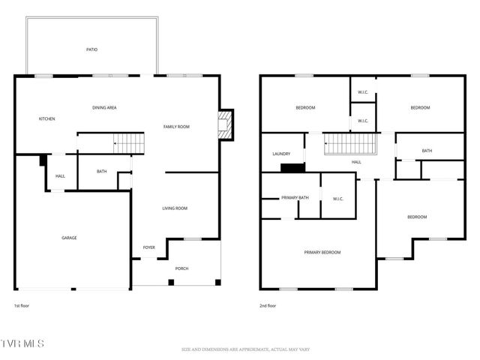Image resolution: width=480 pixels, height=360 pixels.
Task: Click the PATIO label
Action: pos(91,50)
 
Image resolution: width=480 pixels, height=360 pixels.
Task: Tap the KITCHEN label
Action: pos(47,119)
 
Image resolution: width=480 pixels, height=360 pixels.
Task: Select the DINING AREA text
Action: pos(104,108)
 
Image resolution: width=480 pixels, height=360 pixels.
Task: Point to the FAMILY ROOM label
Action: pos(176,127)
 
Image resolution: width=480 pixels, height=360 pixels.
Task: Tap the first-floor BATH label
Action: pos(101,172)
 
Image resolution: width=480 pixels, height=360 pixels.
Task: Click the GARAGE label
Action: pos(69,238)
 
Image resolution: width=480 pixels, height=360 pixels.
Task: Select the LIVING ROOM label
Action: pos(175,208)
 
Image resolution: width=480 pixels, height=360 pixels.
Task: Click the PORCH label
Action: pos(182,268)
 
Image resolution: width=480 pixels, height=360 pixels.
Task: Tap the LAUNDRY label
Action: pos(281,154)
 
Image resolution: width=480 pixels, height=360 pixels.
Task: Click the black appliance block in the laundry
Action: pos(292,167)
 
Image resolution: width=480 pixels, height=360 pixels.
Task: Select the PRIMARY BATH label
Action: pos(295,198)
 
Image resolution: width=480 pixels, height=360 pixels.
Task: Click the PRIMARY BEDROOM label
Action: pos(322,253)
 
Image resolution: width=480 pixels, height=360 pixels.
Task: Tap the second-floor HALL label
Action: pos(357,162)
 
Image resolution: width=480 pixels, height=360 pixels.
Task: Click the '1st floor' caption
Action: pos(22,306)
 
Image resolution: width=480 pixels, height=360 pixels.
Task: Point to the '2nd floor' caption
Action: pos(268,306)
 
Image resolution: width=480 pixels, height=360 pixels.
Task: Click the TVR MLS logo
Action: pos(22,343)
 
